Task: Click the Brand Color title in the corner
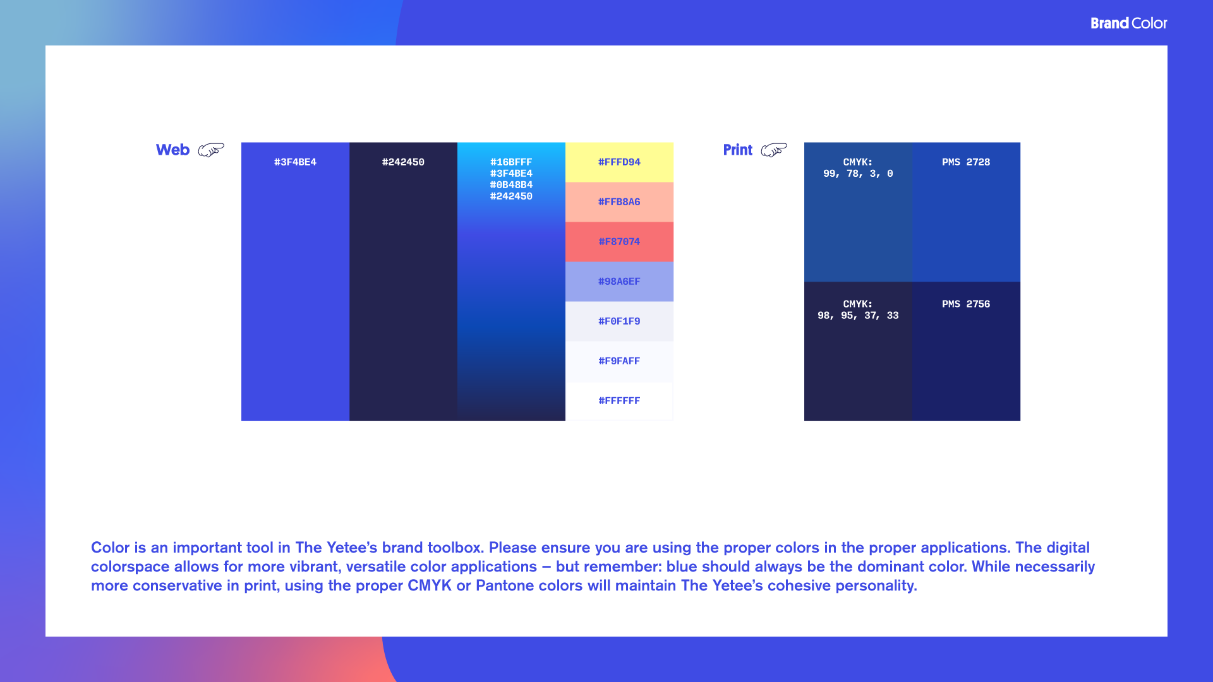(1128, 23)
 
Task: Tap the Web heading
(172, 150)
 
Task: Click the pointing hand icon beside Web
(211, 150)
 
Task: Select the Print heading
(737, 150)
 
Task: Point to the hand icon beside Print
(774, 150)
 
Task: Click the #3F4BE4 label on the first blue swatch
(295, 162)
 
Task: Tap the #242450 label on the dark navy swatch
(403, 162)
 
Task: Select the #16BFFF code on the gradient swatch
(511, 162)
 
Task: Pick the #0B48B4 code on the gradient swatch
(511, 185)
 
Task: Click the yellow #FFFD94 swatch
(619, 162)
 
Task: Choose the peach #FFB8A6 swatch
(619, 202)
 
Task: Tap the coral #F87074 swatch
(619, 242)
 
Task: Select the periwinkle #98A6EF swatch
(619, 282)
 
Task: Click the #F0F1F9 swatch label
(619, 321)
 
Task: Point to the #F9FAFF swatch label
(619, 361)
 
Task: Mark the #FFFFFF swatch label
(619, 401)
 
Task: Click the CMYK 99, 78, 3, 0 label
(858, 168)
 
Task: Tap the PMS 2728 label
(966, 162)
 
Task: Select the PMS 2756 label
(966, 304)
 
